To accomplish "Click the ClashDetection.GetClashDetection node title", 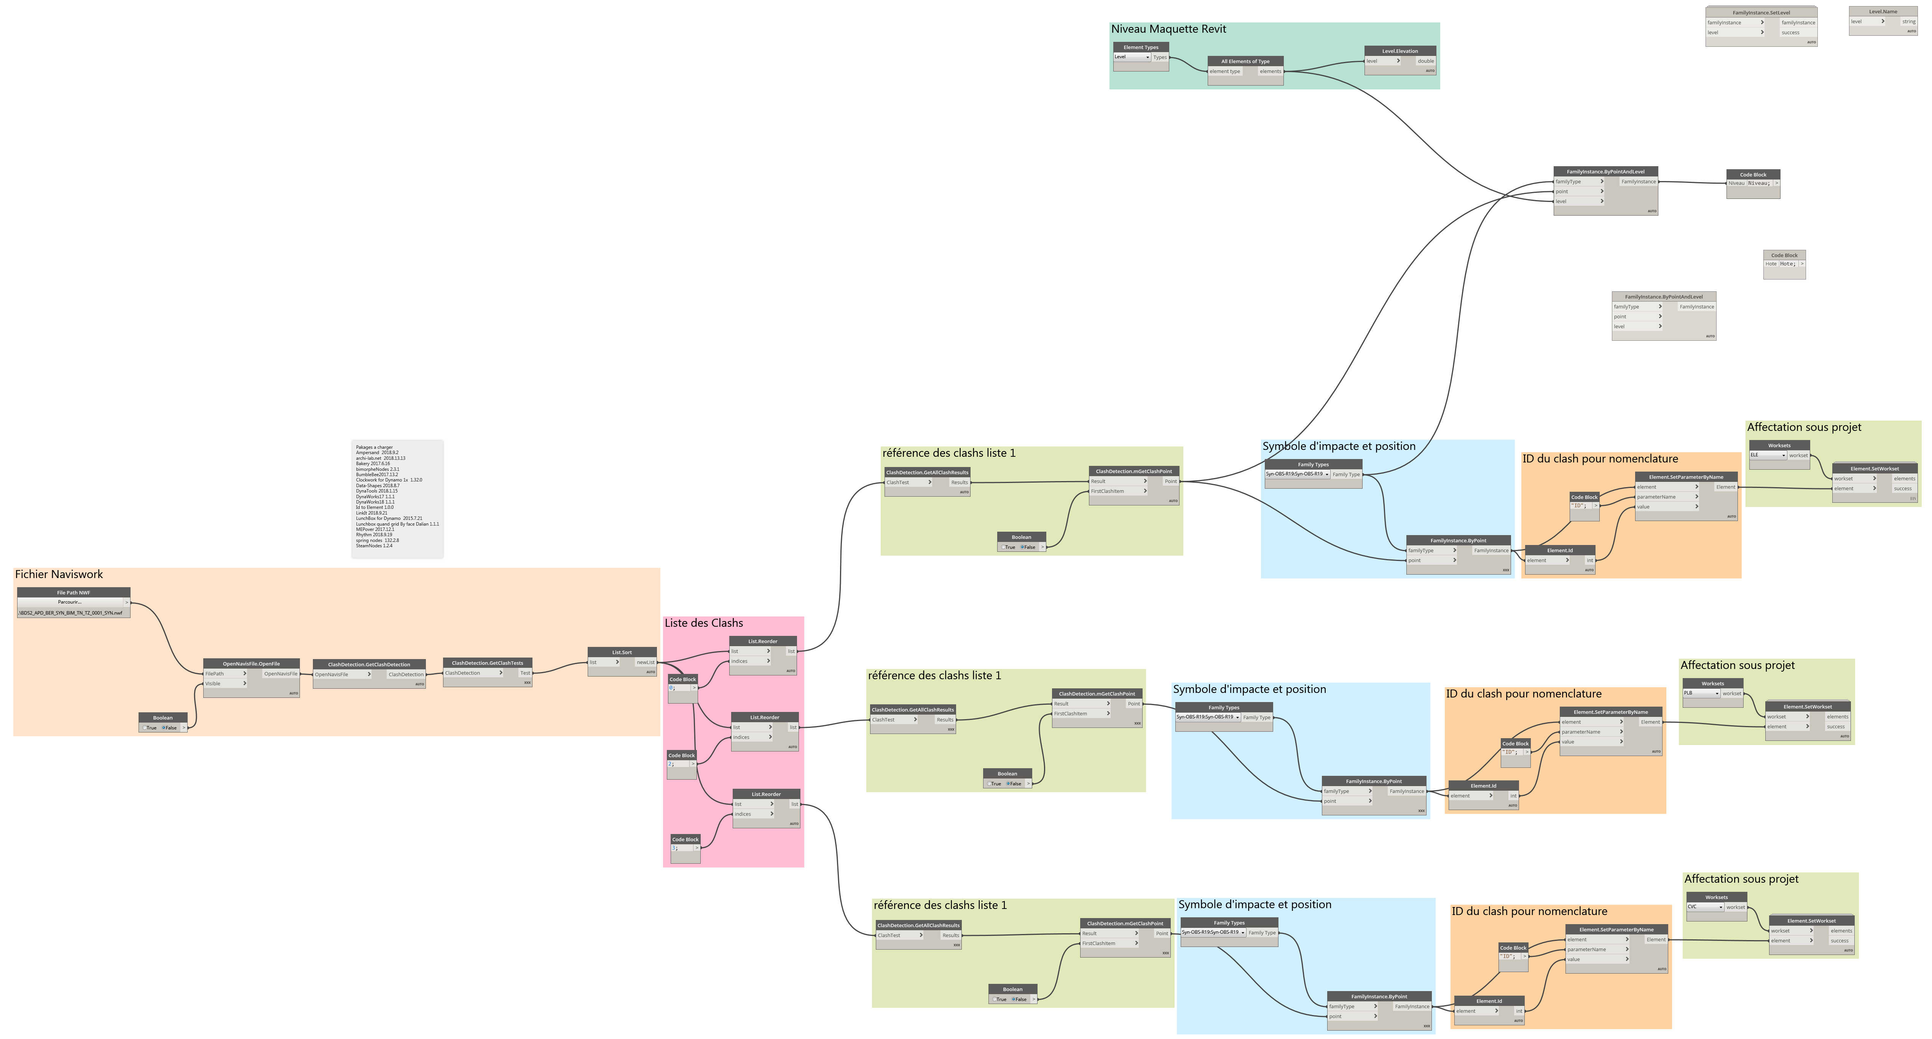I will tap(368, 664).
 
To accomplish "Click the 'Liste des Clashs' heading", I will tap(703, 623).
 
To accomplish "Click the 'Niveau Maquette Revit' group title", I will tap(1168, 29).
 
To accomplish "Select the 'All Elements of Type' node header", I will tap(1245, 62).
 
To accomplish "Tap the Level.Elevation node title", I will tap(1400, 51).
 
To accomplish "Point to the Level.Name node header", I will tap(1883, 11).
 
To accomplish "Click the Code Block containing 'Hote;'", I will tap(1784, 264).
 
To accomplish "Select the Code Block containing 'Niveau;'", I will tap(1753, 183).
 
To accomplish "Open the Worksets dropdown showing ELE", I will tap(1768, 455).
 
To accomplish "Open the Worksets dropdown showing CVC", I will tap(1705, 907).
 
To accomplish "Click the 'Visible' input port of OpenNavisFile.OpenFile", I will tap(225, 684).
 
